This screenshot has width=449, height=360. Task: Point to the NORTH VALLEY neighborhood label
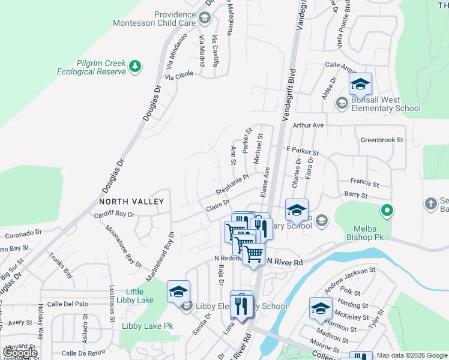(x=131, y=202)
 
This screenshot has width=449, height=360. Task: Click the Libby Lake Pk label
(x=147, y=326)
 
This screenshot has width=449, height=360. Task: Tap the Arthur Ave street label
(x=309, y=125)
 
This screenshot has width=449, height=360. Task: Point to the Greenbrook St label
(x=382, y=140)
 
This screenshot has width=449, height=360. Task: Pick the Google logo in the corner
(x=20, y=353)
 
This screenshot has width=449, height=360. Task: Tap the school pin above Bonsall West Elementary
(x=360, y=83)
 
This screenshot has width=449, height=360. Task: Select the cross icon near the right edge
(x=430, y=203)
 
